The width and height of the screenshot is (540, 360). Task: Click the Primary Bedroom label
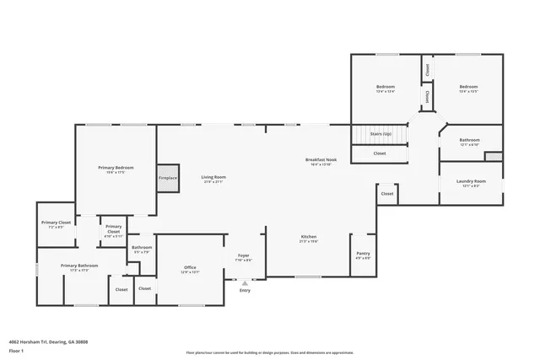(116, 168)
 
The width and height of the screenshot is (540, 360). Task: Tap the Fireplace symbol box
(168, 178)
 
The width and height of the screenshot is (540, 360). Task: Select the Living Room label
(213, 177)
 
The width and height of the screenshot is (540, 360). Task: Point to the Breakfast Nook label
(321, 159)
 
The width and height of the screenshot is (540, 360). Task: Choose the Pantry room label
(364, 254)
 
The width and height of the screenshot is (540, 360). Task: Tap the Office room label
(190, 268)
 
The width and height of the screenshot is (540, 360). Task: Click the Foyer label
(243, 255)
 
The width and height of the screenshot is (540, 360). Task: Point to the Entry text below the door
(245, 290)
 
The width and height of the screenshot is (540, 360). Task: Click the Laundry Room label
(470, 181)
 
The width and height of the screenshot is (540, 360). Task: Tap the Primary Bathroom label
(79, 266)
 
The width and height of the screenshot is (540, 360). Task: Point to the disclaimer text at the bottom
(270, 352)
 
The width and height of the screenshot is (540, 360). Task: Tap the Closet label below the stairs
(380, 153)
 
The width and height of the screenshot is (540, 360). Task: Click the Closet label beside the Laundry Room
(386, 194)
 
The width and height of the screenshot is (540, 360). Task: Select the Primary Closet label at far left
(56, 223)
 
